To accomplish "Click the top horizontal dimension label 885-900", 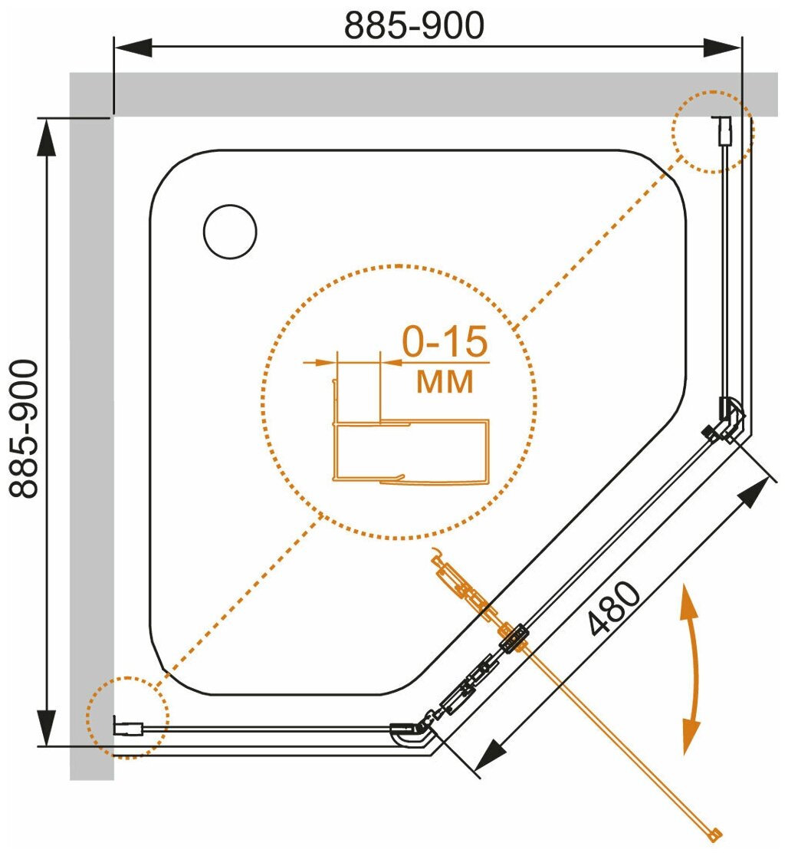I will point(414,25).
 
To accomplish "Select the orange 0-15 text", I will point(445,344).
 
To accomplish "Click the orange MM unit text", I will point(445,381).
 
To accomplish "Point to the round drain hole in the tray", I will point(230,232).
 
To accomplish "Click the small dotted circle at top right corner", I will point(712,130).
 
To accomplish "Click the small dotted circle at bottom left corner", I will point(126,718).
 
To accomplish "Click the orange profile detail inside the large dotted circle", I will point(410,449).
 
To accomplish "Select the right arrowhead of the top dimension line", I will point(724,48).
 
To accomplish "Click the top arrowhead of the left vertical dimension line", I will point(48,138).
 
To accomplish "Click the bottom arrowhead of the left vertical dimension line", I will point(48,725).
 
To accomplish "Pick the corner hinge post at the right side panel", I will point(729,419).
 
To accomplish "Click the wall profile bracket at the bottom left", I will point(129,726).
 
